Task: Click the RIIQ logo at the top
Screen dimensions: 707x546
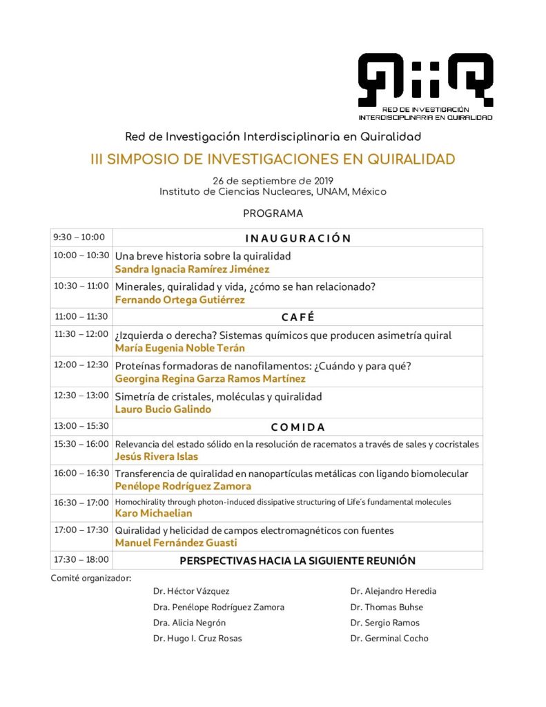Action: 425,84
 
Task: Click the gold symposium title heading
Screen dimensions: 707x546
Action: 273,159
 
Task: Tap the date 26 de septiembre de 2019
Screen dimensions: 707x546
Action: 273,180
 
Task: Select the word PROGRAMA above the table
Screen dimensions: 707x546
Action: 273,214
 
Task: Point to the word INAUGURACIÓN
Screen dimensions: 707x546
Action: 298,238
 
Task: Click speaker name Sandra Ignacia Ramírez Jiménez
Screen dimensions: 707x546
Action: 192,269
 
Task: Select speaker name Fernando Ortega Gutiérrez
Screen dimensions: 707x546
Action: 179,300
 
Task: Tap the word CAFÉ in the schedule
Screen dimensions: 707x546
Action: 298,317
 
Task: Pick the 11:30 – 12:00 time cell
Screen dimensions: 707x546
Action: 81,334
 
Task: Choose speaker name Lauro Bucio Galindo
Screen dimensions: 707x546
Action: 163,409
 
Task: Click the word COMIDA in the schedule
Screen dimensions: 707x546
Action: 298,427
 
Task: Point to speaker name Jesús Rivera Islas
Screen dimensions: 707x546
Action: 156,456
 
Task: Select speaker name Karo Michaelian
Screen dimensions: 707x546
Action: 153,513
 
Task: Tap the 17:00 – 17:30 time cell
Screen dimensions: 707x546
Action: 81,530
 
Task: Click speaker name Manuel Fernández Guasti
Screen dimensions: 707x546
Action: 176,543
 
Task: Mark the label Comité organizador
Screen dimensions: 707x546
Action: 91,577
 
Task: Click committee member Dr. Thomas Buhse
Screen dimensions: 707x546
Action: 387,608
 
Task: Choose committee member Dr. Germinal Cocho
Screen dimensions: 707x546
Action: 389,639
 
